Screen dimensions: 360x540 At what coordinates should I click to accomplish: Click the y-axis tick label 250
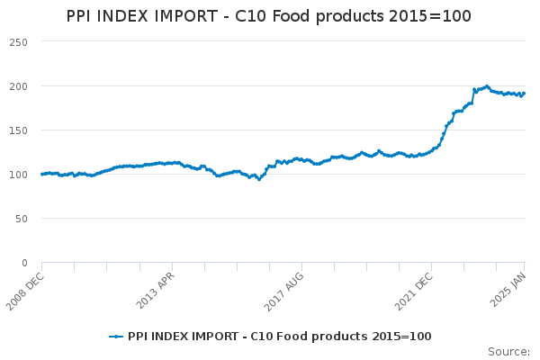click(x=19, y=42)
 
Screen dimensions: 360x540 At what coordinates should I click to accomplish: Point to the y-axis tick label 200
click(x=19, y=86)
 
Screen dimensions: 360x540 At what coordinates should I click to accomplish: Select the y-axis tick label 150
click(x=19, y=130)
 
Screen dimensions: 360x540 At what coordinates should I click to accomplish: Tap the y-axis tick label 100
click(x=19, y=175)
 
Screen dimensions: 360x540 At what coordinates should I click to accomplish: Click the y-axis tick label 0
click(x=25, y=263)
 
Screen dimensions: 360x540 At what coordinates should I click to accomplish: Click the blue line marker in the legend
click(x=115, y=337)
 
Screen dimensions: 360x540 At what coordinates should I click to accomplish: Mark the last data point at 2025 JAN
click(x=525, y=93)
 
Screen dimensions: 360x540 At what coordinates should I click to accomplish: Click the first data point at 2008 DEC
click(x=42, y=174)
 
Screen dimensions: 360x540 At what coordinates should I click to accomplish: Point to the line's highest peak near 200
click(x=487, y=86)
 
